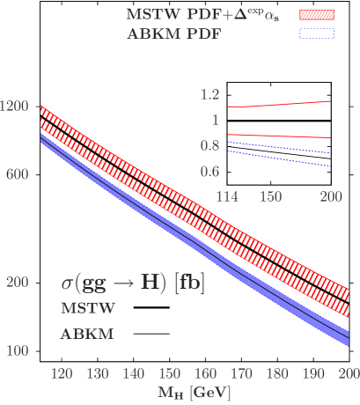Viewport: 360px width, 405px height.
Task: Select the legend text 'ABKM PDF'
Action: point(173,33)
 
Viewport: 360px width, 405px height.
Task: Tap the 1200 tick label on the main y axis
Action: point(15,106)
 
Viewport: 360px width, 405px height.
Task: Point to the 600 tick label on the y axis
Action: point(18,173)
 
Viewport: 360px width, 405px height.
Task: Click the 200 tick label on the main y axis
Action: point(18,282)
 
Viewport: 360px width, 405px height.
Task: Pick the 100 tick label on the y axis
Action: point(18,350)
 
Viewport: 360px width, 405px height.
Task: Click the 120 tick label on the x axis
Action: point(62,373)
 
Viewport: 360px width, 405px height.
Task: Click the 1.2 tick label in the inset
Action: point(209,94)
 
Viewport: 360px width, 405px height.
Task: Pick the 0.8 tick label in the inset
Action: point(209,144)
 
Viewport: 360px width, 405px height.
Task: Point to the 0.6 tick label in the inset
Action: point(209,170)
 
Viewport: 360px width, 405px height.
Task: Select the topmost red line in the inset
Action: point(282,104)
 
